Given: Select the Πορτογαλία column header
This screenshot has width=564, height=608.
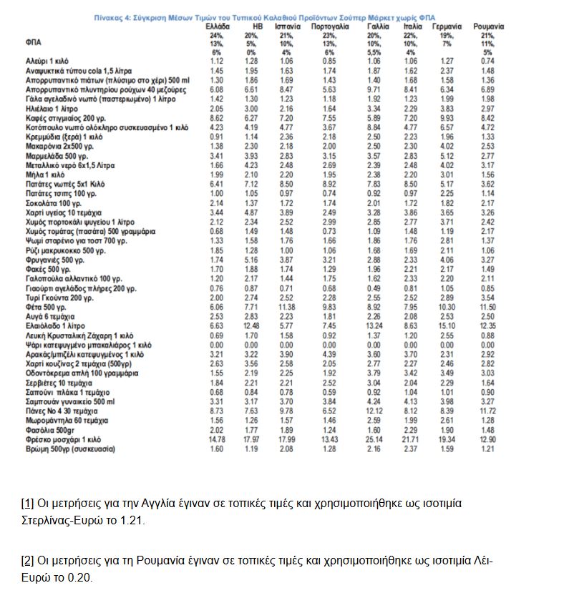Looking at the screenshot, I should pyautogui.click(x=331, y=26).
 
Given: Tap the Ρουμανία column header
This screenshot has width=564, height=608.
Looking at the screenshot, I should pyautogui.click(x=488, y=26).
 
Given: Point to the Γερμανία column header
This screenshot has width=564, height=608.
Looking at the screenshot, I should pyautogui.click(x=448, y=26).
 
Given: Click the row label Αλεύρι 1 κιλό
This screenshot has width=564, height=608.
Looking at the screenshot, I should pyautogui.click(x=45, y=62).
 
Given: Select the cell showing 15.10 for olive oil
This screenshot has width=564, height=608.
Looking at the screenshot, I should pyautogui.click(x=447, y=325).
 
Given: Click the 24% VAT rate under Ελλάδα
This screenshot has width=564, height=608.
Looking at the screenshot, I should pyautogui.click(x=217, y=35).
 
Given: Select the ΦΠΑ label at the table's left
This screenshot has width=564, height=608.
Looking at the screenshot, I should pyautogui.click(x=33, y=43).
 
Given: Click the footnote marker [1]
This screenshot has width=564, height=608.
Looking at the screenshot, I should pyautogui.click(x=28, y=504).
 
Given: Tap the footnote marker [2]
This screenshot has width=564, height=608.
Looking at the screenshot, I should pyautogui.click(x=28, y=559).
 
